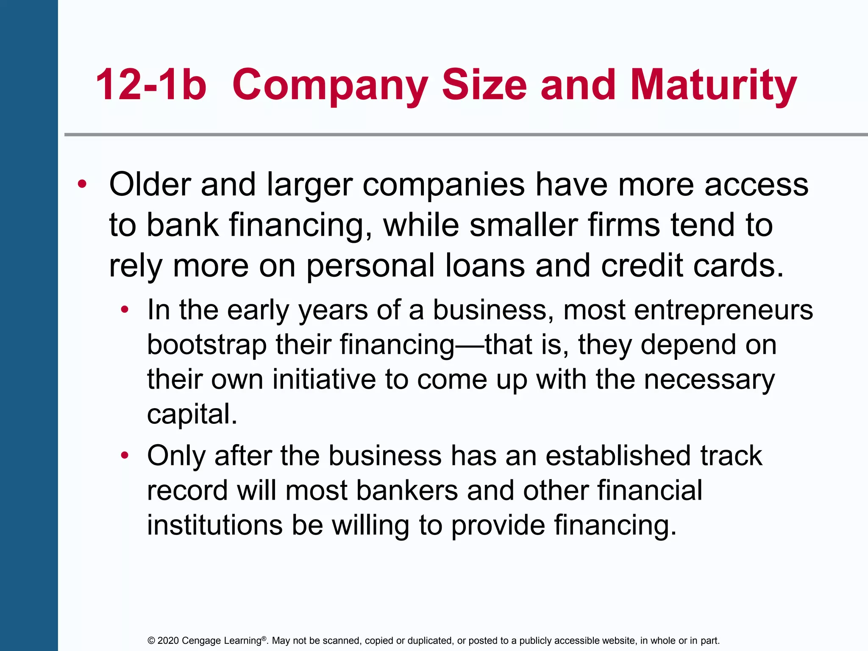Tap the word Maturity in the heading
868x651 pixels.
[x=713, y=86]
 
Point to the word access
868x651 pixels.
[x=756, y=185]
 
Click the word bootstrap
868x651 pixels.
[x=207, y=345]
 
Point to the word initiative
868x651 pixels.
[x=324, y=379]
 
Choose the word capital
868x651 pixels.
[x=192, y=414]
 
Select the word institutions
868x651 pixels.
[x=215, y=525]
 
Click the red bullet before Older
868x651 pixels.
[x=82, y=185]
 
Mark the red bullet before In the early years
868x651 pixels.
[x=124, y=310]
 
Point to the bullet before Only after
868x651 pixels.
[x=124, y=456]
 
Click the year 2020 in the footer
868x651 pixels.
[x=168, y=640]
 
